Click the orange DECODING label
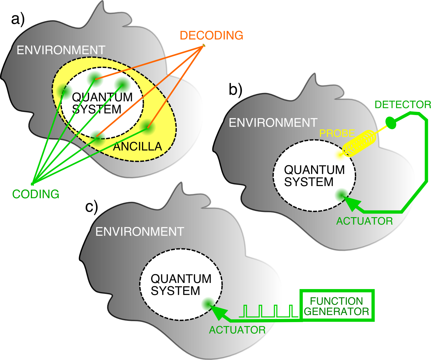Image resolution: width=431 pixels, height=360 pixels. pos(211,35)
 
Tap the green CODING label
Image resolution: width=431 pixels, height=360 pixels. pos(36,194)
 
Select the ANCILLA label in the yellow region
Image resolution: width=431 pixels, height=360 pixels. pos(137,147)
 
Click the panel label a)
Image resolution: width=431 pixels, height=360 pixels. pos(17,19)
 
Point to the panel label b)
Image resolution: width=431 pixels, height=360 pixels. pos(236,90)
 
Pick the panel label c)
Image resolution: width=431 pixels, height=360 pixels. pos(91,207)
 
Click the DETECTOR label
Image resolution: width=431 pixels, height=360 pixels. pos(403,105)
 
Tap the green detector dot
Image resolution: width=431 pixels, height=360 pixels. pos(391,123)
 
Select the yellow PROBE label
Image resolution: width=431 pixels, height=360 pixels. pos(337,133)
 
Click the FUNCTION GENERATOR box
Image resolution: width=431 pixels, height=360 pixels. pos(336,306)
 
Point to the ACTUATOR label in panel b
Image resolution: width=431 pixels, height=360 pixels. pos(364,221)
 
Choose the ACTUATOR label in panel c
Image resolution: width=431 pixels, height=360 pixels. pos(237,330)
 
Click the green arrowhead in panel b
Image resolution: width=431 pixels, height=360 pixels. pos(352,203)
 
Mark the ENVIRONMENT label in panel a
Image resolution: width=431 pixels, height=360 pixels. pos(61,50)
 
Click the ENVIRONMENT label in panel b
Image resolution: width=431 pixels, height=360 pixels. pos(273,123)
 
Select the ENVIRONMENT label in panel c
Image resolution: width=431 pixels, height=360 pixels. pos(140,232)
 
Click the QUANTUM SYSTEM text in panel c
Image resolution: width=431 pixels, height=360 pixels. pos(180,285)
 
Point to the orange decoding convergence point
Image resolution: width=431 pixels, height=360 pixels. pos(203,46)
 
